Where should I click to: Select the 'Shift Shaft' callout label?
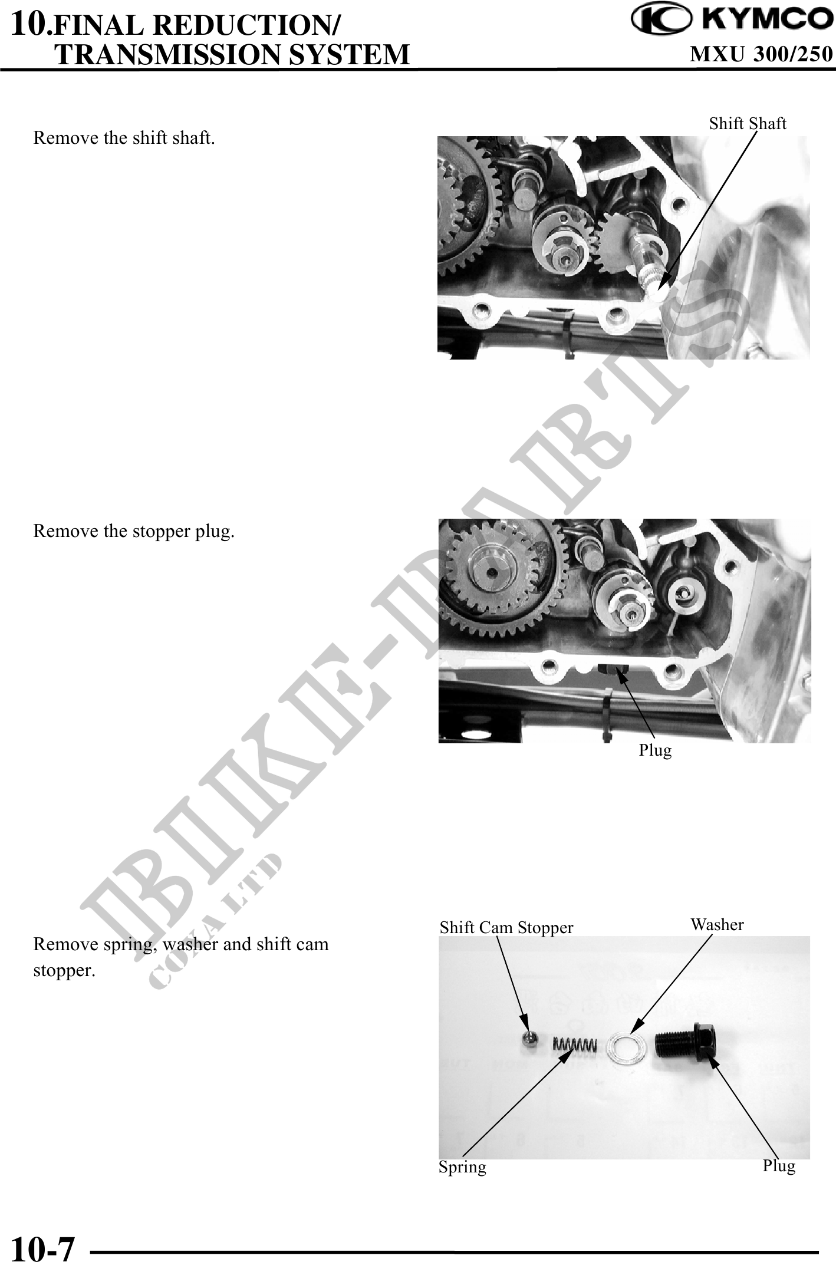click(748, 124)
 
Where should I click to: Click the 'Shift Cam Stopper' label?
click(506, 928)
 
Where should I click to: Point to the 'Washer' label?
click(717, 924)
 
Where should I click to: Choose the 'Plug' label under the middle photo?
click(655, 750)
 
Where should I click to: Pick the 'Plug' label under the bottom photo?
click(779, 1166)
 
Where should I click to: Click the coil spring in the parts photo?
click(575, 1044)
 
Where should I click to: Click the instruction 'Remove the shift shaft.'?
click(124, 139)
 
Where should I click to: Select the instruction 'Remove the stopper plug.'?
click(134, 532)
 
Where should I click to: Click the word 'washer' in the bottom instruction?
click(190, 944)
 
